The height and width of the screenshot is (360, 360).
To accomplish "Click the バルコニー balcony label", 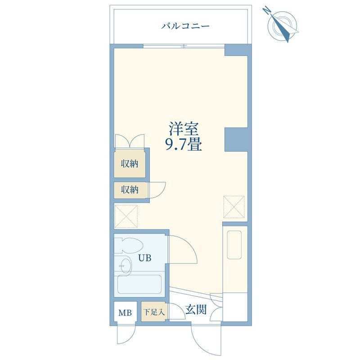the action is [x=185, y=26].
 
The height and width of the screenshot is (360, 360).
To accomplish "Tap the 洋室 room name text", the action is [x=184, y=129].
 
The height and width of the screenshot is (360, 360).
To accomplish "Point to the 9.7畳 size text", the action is [x=184, y=144].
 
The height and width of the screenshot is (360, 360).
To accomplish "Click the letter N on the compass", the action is [x=266, y=10].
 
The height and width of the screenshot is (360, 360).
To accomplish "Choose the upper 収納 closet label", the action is [x=130, y=164].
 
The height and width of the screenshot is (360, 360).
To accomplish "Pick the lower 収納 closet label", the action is [x=130, y=189].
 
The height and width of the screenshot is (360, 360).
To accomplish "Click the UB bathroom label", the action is [x=144, y=258].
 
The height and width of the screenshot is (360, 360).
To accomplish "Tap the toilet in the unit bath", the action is [x=129, y=245].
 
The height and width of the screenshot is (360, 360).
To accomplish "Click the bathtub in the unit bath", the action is [x=139, y=284].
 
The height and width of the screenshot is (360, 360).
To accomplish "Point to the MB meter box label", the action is [x=125, y=313].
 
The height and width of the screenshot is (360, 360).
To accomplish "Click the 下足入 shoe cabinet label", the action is [x=154, y=312].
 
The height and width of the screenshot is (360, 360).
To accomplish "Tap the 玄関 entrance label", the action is [x=196, y=310].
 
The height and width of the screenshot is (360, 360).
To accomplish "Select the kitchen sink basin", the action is [x=234, y=245].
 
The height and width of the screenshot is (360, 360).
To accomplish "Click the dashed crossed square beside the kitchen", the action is [x=234, y=207].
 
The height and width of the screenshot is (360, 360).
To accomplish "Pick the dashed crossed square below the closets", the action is [x=126, y=216].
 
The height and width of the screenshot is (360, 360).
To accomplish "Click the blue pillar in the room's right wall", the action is [x=236, y=139].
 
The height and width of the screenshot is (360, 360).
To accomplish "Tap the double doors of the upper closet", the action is [x=130, y=141].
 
